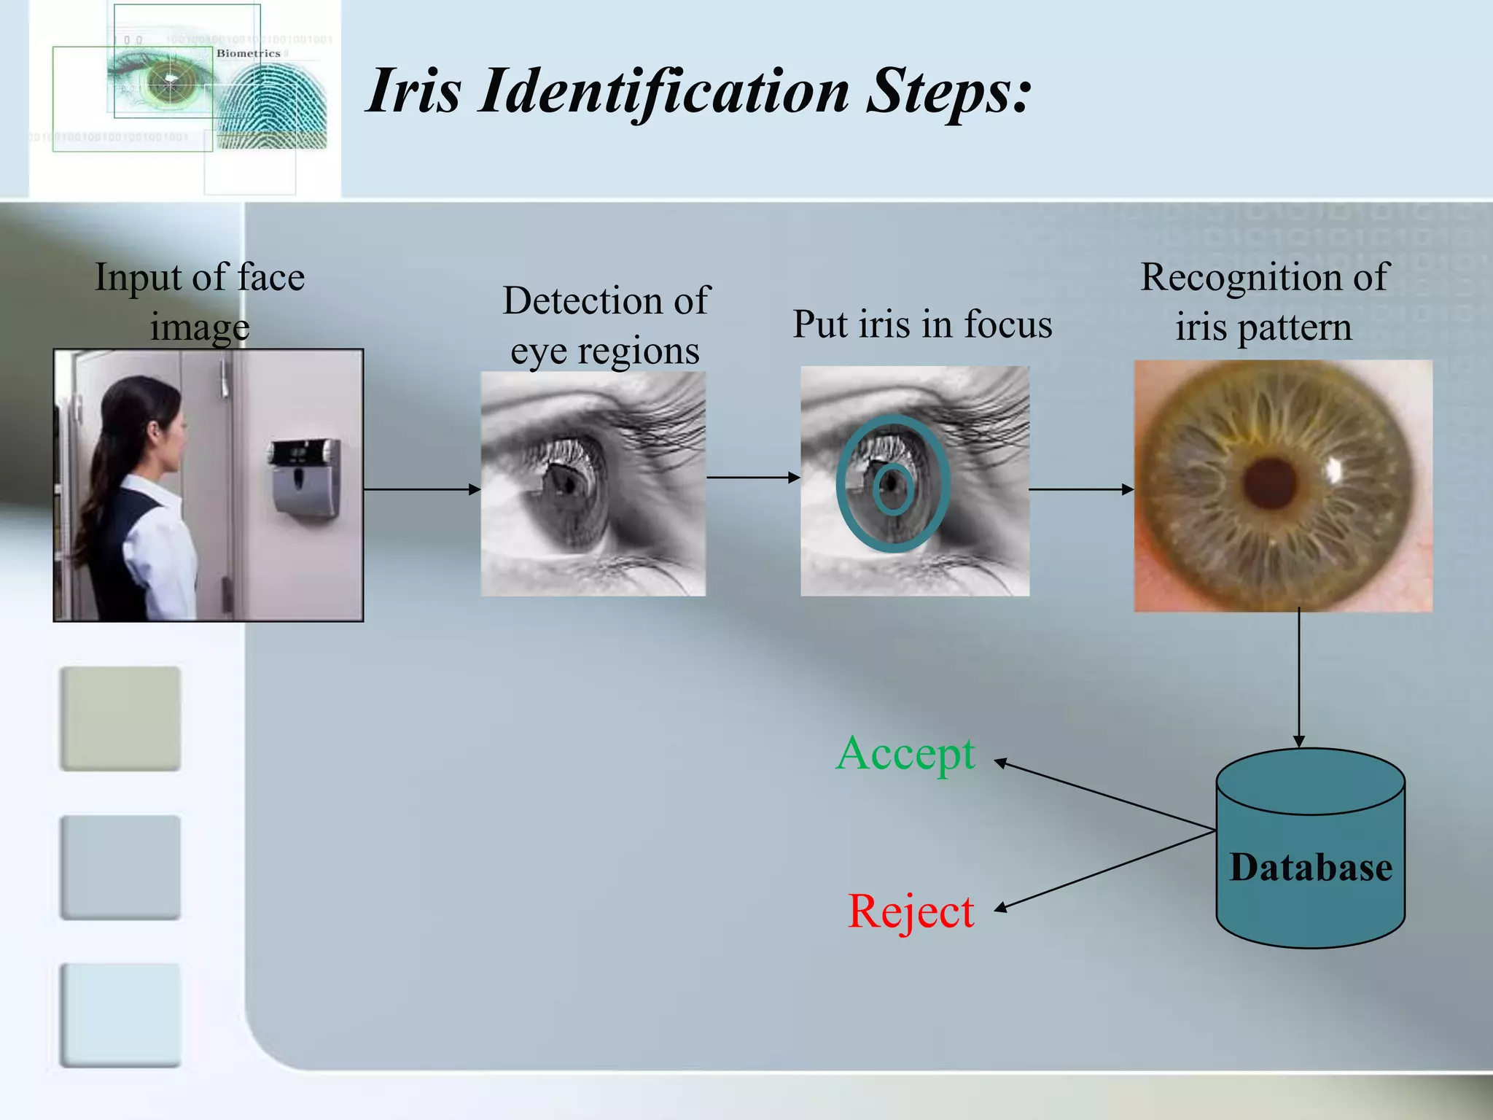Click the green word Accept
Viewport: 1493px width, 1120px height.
905,754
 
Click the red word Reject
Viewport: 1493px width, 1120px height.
911,911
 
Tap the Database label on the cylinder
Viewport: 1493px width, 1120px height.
1310,868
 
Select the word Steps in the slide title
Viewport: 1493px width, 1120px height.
948,91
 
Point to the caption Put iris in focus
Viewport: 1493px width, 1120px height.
922,324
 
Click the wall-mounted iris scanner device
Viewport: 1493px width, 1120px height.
305,478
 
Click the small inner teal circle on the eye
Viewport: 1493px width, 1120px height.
892,489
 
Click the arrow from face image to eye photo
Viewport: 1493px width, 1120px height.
421,489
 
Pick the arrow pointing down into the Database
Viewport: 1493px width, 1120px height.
1298,678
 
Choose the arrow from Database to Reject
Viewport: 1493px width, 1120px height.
1104,870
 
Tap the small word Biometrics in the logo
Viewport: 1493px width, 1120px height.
248,53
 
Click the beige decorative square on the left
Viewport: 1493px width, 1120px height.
120,718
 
